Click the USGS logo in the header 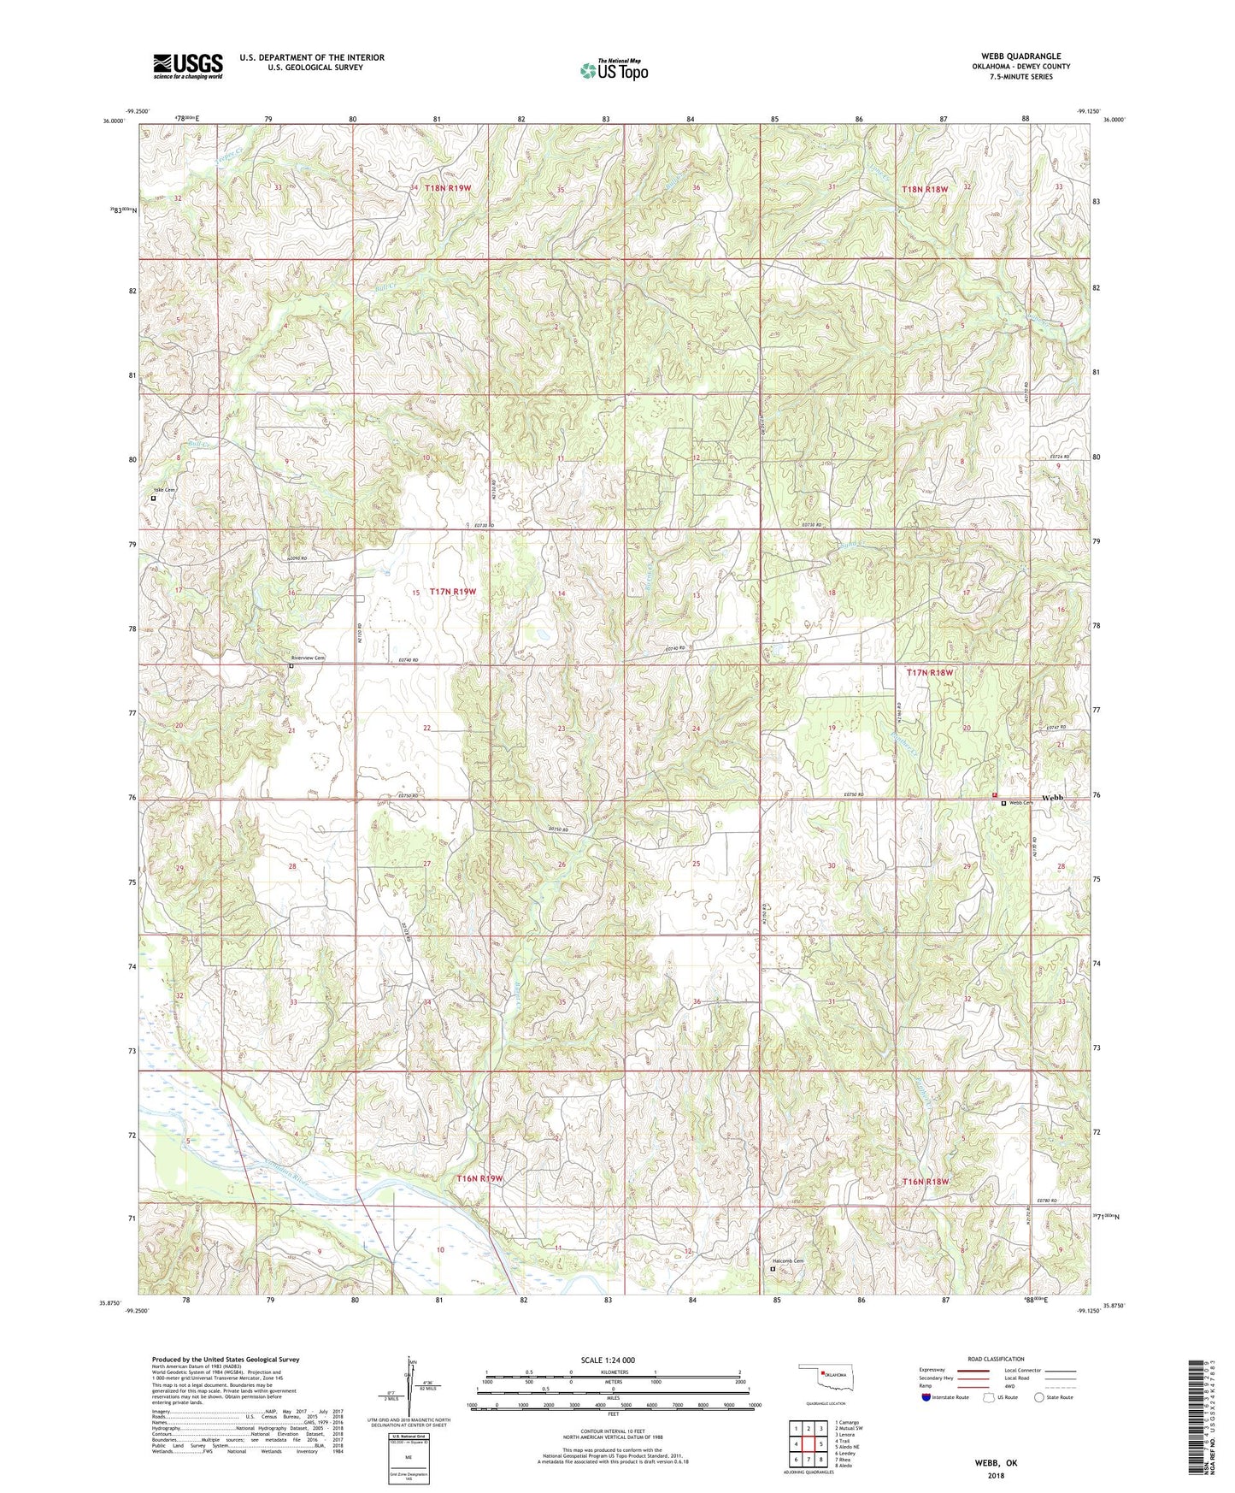tap(187, 66)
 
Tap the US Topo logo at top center tap(613, 70)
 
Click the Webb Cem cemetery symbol tap(1003, 803)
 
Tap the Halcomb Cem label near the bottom tap(788, 1261)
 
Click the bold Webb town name tap(1052, 797)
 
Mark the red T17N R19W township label tap(452, 592)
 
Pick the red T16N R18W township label tap(926, 1181)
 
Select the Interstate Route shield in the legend tap(927, 1397)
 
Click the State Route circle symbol tap(1038, 1397)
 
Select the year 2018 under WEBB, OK tap(995, 1474)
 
